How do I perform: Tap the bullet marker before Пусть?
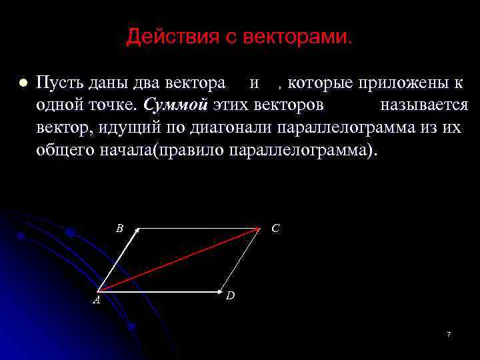(x=21, y=84)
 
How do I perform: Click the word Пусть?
(x=58, y=84)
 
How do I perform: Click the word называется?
(x=423, y=105)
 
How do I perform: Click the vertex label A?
(x=96, y=301)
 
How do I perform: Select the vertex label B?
(x=119, y=228)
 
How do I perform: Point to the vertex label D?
(x=229, y=295)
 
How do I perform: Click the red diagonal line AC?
(x=179, y=260)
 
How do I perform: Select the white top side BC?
(x=200, y=229)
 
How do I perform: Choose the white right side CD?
(x=241, y=260)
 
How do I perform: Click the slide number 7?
(x=449, y=333)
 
